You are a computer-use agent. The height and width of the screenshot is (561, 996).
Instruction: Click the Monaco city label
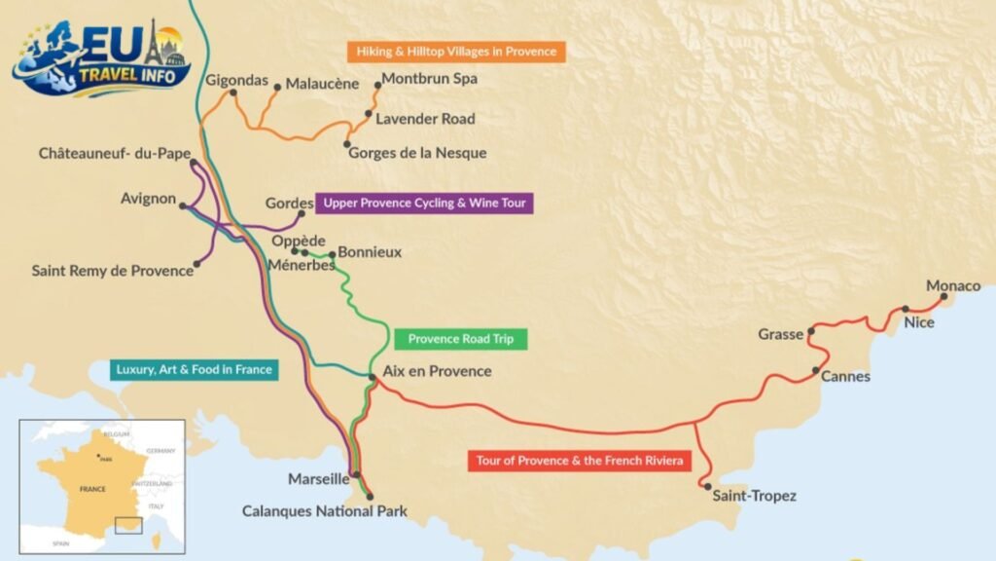953,285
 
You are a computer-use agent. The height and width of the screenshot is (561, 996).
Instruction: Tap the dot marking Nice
906,309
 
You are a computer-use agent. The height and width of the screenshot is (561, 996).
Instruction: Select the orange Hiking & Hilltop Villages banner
456,51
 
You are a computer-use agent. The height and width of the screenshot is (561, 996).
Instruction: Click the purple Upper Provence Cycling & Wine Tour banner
424,204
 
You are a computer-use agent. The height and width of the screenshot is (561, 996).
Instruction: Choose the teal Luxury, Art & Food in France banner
194,369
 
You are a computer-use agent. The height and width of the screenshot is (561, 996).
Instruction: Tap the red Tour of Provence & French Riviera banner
579,461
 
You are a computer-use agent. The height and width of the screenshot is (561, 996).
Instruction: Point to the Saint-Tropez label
754,497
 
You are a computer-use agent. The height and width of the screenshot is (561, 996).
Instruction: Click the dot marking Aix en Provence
373,377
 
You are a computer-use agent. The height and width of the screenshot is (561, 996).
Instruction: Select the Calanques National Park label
325,510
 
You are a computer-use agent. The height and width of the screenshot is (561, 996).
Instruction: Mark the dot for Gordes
302,213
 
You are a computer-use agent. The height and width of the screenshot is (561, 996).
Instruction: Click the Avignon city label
148,199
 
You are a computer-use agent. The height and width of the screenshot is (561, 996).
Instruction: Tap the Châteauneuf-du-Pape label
115,153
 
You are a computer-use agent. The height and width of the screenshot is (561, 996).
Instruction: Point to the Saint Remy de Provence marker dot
197,263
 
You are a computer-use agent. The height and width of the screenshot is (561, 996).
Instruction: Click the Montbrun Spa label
429,79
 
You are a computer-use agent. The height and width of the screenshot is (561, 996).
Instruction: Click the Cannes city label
845,376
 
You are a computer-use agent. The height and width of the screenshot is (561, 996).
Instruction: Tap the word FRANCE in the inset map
92,489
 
